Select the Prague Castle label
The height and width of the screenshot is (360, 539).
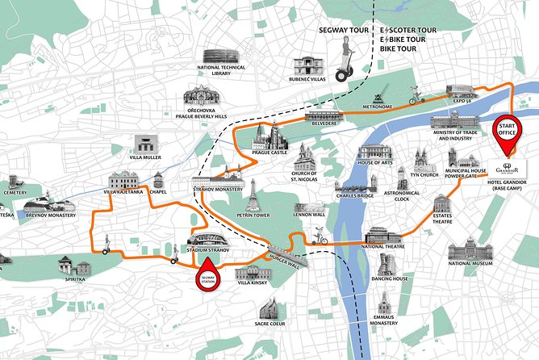pos(269,152)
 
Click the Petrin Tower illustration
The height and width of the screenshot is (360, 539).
pos(254,194)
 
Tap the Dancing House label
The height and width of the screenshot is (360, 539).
pos(390,278)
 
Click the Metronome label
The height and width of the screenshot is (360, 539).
pos(377,106)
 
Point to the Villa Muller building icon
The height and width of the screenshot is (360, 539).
pos(145,144)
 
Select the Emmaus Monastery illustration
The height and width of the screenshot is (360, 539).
pos(383,303)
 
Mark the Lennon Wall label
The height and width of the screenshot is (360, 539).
pos(309,215)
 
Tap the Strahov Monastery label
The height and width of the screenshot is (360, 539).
pos(219,190)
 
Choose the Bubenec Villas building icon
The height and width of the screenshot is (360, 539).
pos(307,66)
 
